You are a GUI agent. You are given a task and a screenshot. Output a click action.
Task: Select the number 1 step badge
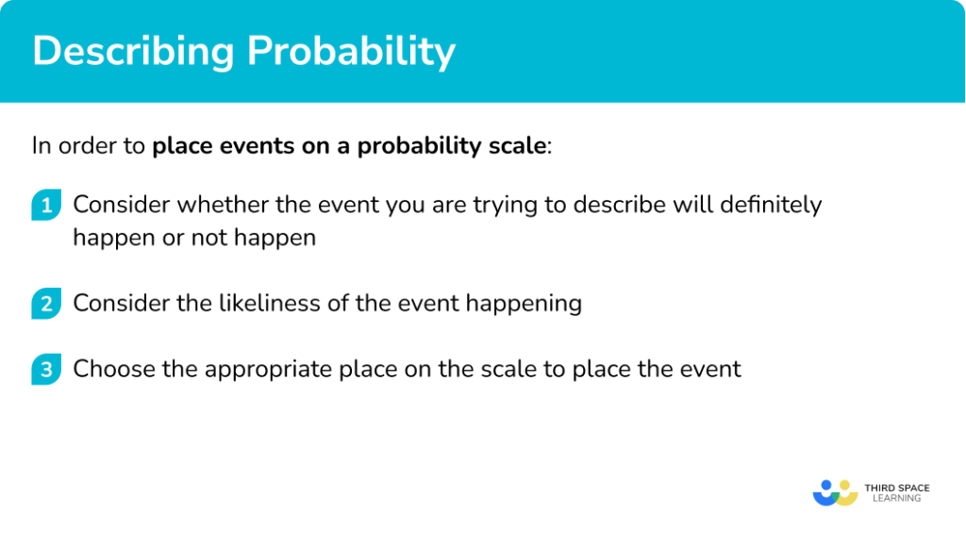(x=45, y=206)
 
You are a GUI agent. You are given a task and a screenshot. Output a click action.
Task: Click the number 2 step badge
(x=45, y=304)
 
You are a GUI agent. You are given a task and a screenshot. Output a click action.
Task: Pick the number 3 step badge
(x=45, y=369)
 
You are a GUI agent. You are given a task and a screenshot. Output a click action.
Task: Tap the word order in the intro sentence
(x=88, y=146)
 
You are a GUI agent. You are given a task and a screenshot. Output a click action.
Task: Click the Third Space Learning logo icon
(x=834, y=492)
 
